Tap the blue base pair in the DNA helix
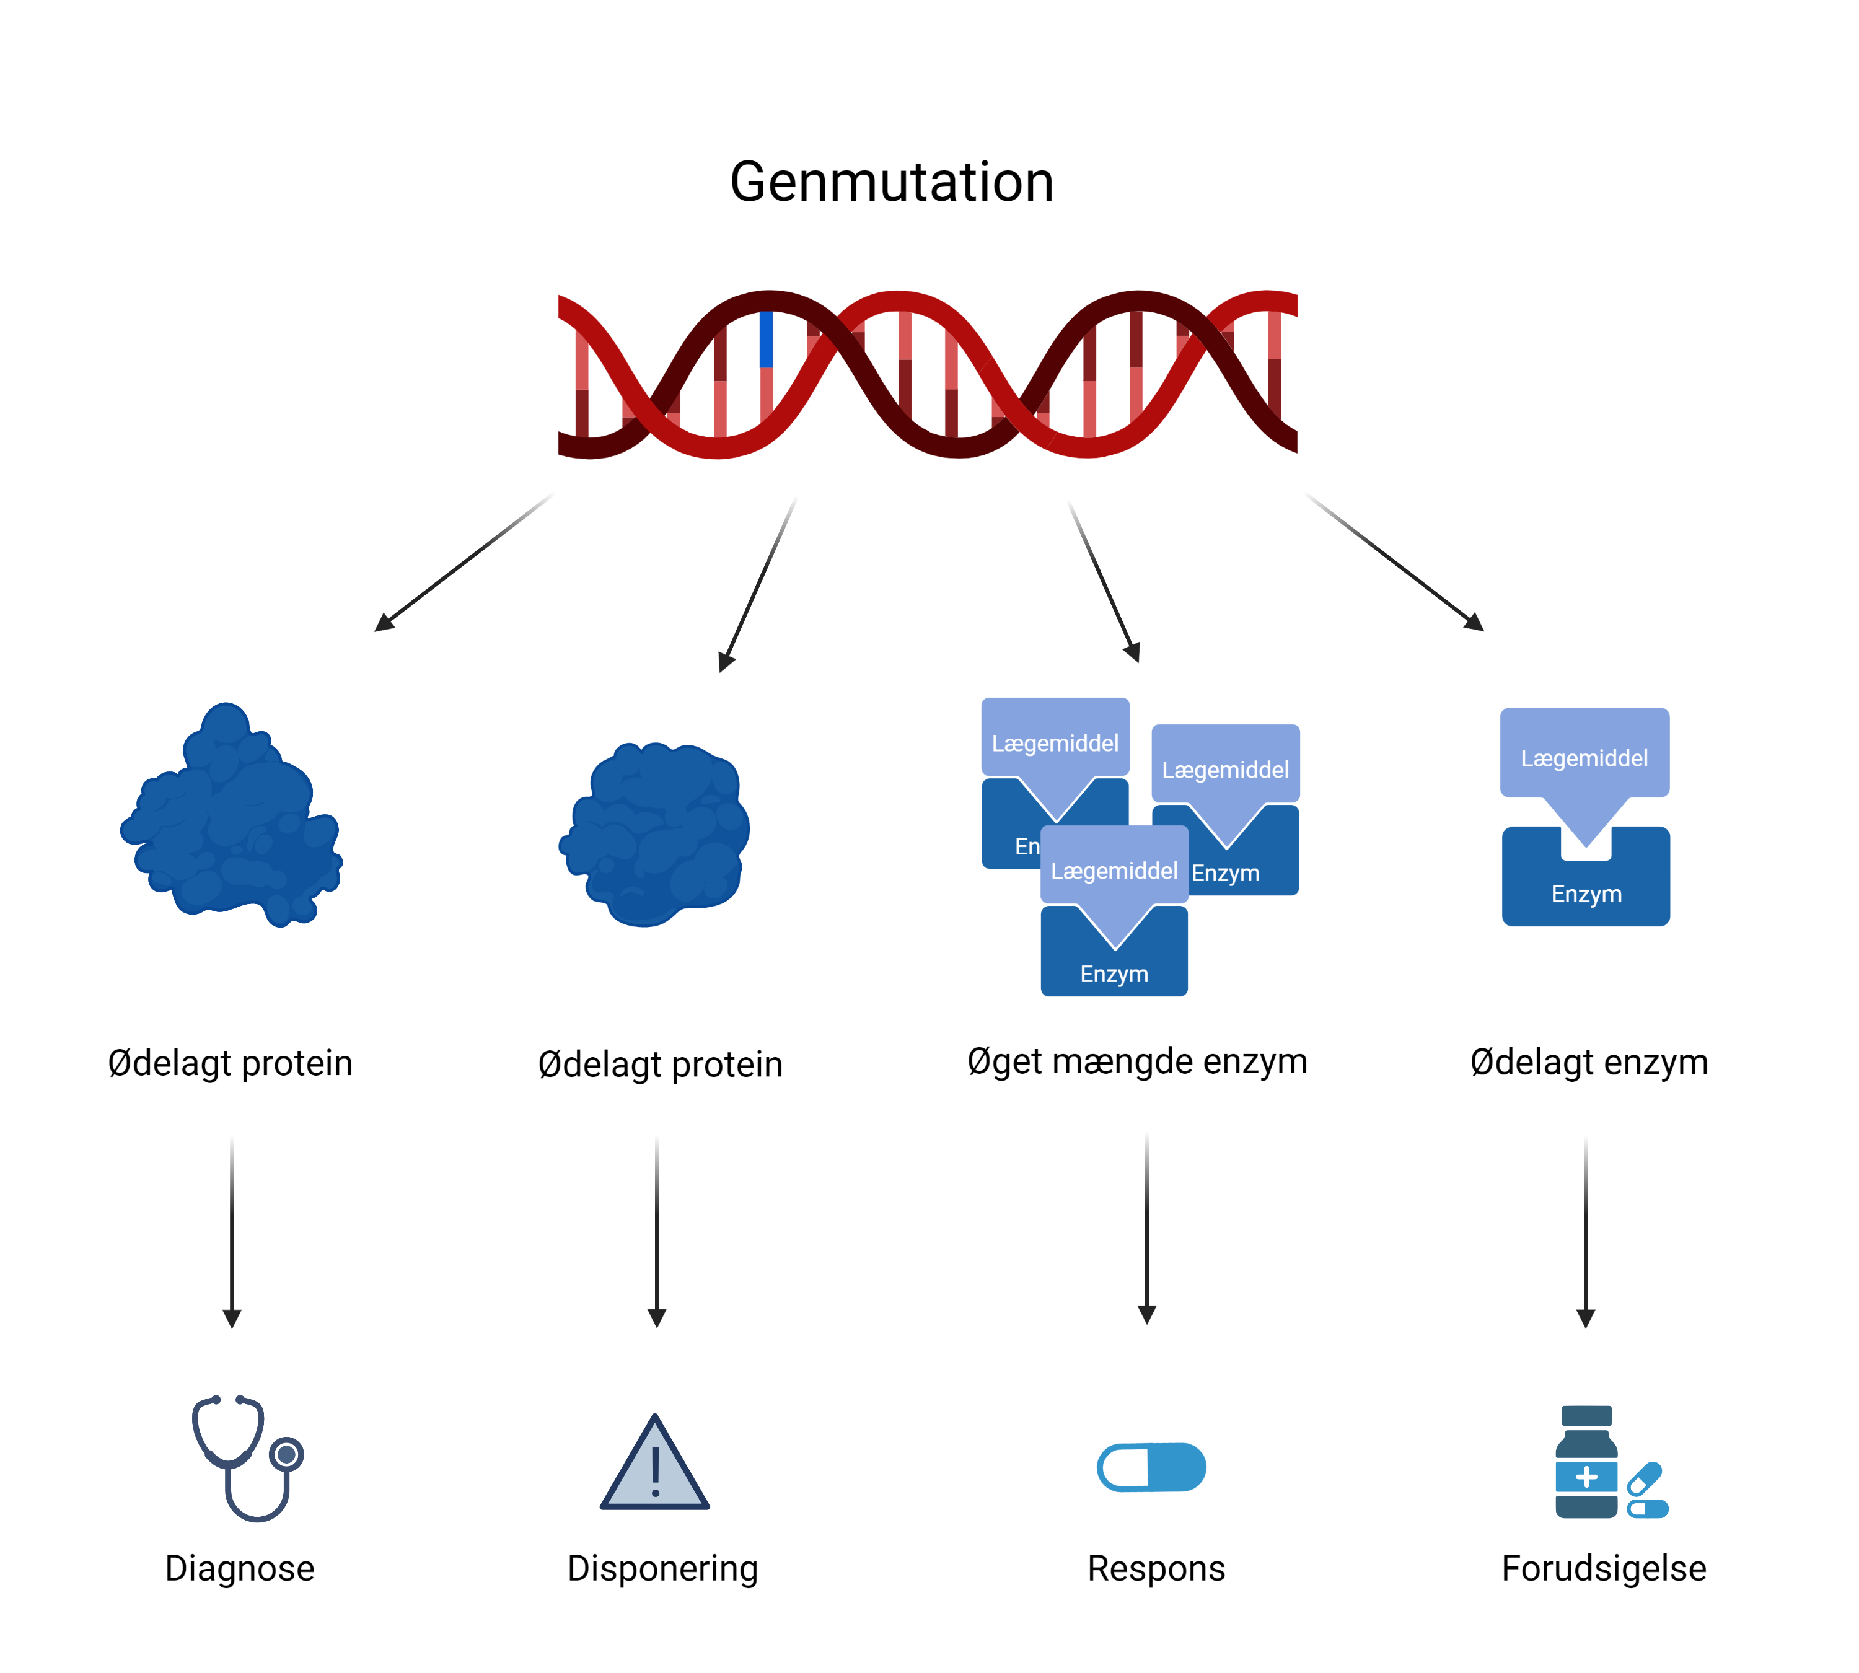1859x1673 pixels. [x=766, y=339]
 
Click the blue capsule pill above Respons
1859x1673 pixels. [x=1151, y=1467]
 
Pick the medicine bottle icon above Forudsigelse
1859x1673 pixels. [x=1586, y=1462]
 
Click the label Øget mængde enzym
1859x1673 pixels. [x=1136, y=1061]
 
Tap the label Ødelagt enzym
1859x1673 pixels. [x=1589, y=1061]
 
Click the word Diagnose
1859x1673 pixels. [x=239, y=1568]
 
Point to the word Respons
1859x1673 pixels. [x=1156, y=1568]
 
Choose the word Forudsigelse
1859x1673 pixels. [x=1604, y=1568]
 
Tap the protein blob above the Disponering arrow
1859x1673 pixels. [x=654, y=832]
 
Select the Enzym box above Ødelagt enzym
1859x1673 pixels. [x=1586, y=890]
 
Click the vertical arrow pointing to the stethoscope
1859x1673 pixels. [x=232, y=1232]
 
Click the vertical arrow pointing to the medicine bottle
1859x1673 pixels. [x=1585, y=1232]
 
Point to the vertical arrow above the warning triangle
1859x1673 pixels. [x=656, y=1232]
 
